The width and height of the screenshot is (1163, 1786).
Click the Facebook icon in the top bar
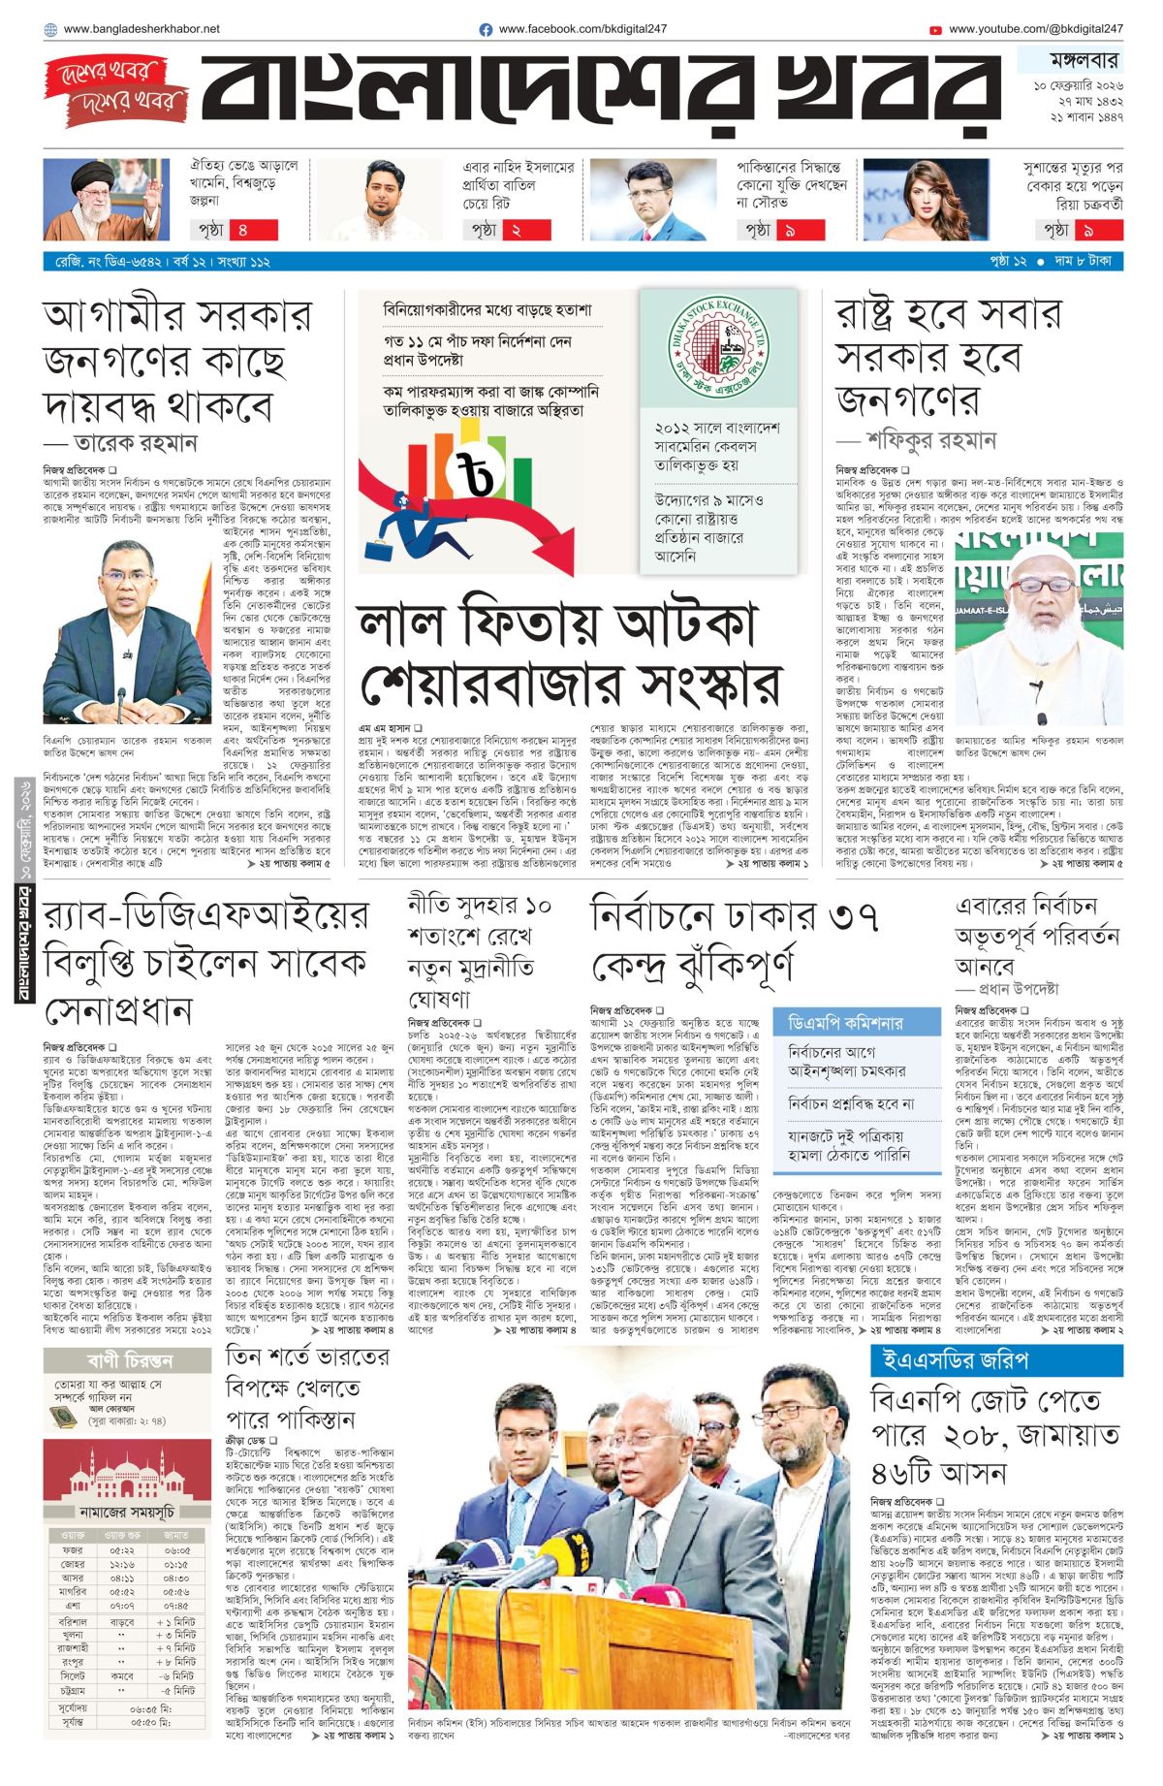coord(487,30)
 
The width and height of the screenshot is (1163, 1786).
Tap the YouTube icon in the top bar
coord(935,30)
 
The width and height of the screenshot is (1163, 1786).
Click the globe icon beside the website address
coord(50,30)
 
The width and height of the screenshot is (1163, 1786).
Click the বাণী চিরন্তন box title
coord(129,1360)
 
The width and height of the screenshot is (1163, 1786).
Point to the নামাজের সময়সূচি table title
coord(127,1512)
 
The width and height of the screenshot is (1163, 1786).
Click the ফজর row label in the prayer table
coord(72,1550)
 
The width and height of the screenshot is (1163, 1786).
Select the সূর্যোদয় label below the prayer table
coord(73,1707)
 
